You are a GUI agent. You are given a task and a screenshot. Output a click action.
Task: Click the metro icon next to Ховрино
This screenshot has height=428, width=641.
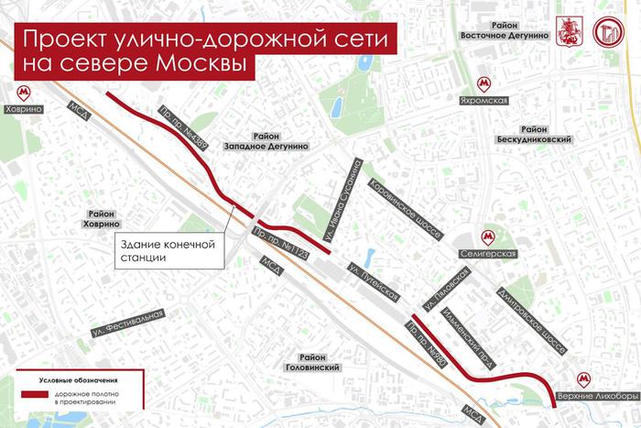click(23, 92)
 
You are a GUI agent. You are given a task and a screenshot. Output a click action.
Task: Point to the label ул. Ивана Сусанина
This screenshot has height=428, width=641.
click(345, 195)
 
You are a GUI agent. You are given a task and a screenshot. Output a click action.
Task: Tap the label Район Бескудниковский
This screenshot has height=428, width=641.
click(542, 135)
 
